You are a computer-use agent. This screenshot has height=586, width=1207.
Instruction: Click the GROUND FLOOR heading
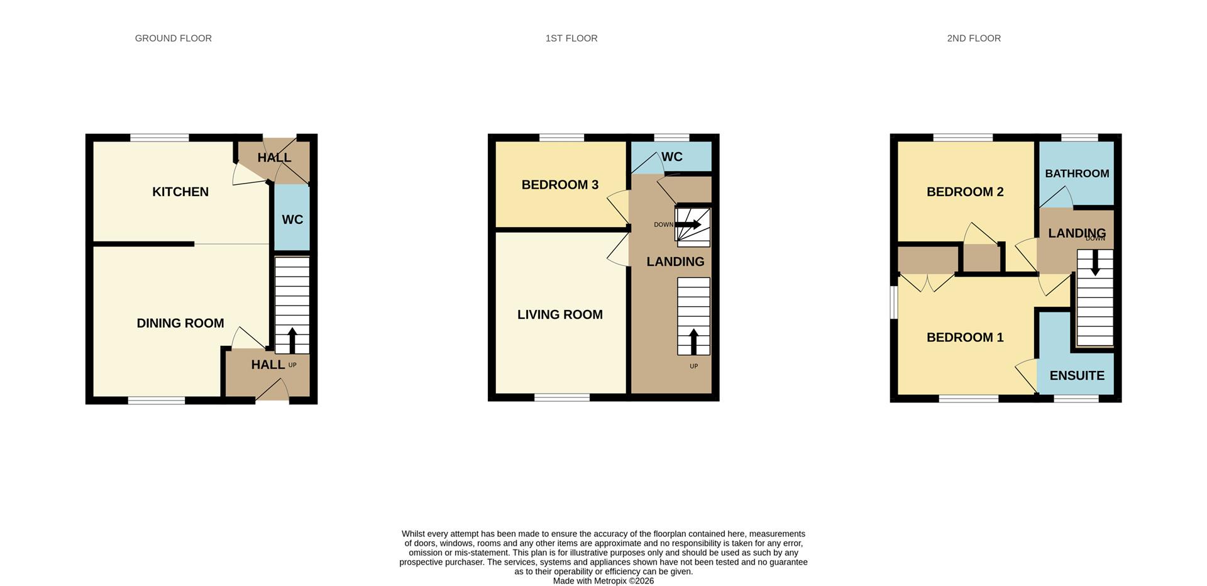point(174,38)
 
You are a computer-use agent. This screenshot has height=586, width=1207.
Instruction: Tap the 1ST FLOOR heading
point(571,38)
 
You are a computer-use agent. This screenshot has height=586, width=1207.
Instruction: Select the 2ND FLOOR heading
point(974,38)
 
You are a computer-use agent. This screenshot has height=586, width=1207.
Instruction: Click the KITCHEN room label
point(180,192)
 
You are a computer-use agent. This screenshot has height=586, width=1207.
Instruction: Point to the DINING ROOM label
point(180,323)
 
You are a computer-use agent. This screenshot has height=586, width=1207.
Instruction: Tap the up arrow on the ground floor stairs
point(292,340)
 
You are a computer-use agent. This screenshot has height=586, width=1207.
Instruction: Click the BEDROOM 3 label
point(560,185)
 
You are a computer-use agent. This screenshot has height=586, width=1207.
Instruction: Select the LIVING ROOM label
point(560,314)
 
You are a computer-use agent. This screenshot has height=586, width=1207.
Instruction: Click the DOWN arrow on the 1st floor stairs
point(688,224)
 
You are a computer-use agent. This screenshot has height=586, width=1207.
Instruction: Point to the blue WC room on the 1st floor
point(671,157)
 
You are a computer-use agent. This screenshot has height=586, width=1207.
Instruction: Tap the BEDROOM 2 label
point(965,192)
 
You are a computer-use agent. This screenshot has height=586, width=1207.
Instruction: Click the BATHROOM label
point(1077,174)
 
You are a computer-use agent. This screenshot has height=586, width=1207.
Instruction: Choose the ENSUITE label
point(1077,375)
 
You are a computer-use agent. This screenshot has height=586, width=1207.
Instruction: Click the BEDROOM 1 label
point(965,337)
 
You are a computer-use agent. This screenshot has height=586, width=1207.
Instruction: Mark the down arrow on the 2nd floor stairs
point(1095,263)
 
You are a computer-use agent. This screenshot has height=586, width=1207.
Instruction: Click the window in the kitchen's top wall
point(160,137)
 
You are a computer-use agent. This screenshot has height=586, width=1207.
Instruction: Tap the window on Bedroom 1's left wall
point(894,302)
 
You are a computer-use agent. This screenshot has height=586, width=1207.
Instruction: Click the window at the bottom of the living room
point(562,397)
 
